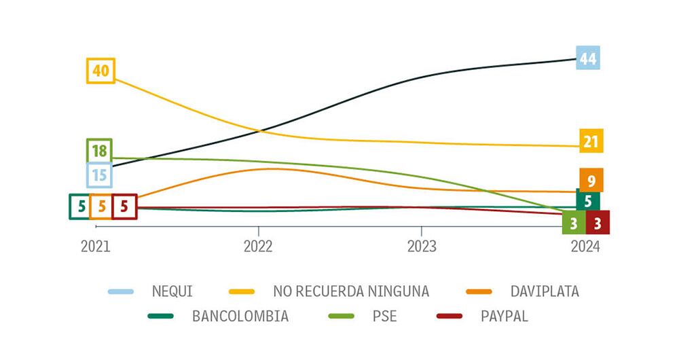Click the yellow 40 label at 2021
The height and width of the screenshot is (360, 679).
(x=100, y=71)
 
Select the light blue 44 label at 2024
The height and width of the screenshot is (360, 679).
(x=587, y=59)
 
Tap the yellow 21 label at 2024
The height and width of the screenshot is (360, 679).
(x=591, y=141)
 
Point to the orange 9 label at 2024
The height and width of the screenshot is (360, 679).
(x=591, y=181)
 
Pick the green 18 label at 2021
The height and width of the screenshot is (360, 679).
(x=100, y=151)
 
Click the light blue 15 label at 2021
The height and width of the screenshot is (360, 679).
(x=100, y=175)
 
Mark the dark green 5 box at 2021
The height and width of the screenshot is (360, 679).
(x=80, y=206)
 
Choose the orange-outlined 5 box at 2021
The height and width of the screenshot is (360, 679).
(x=102, y=206)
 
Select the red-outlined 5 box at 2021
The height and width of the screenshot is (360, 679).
(x=124, y=206)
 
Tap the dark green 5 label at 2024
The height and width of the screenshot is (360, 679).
(x=587, y=200)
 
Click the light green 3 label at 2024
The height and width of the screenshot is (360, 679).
(x=574, y=223)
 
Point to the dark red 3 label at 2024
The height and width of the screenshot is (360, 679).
(x=598, y=223)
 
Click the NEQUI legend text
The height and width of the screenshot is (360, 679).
(x=173, y=291)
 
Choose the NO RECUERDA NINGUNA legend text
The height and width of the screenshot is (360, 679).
(x=351, y=291)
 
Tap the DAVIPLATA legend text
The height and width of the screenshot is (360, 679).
(x=545, y=291)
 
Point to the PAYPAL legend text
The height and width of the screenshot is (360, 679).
(x=504, y=316)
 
